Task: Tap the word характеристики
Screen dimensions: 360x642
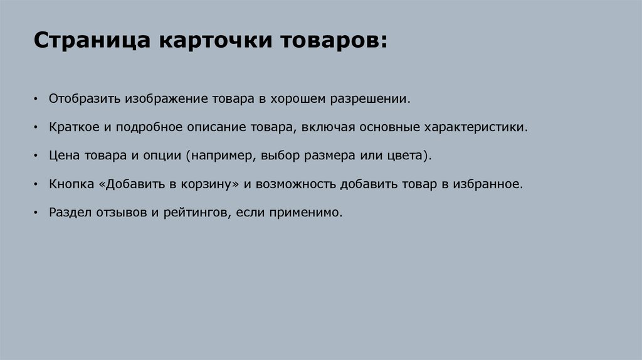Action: (475, 127)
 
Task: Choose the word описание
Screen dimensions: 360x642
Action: (213, 127)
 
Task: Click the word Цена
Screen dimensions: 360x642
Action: (63, 156)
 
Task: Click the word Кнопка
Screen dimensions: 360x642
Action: (70, 184)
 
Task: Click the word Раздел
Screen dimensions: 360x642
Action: (70, 213)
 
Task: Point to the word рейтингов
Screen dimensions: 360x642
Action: (197, 213)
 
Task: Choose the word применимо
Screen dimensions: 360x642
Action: (305, 213)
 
